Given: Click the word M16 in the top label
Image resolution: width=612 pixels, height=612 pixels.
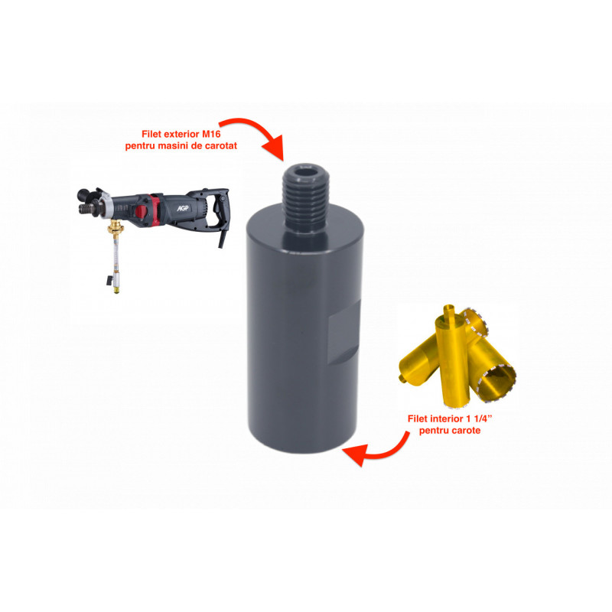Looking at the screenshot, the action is point(211,134).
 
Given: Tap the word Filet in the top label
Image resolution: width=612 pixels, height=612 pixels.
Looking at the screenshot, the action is point(151,134).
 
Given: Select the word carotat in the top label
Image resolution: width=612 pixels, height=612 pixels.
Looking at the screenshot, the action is point(221,146).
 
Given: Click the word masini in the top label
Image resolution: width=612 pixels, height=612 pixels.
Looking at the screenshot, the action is point(173,146).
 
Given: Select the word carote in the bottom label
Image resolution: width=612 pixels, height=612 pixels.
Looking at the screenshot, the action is point(466,431).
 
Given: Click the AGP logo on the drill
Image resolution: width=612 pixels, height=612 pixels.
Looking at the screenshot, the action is point(183,208).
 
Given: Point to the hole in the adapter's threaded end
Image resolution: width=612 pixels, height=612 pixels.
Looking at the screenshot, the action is point(305,173).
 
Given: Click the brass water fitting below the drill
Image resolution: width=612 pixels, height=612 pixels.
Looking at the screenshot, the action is point(116,227).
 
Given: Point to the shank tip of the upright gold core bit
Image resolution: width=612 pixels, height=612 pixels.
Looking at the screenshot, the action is point(449,311).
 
